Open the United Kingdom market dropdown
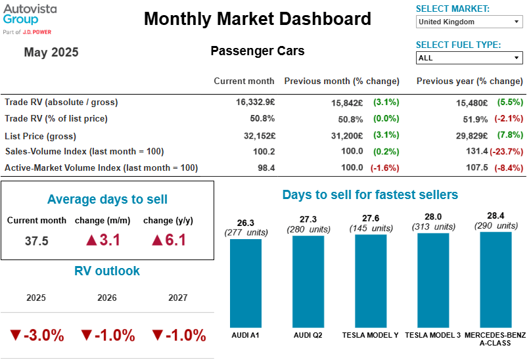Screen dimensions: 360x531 tap(469, 22)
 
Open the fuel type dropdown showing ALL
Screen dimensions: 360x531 tap(469, 58)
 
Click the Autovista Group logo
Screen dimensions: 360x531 tap(30, 18)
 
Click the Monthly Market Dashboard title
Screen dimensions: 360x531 tap(257, 18)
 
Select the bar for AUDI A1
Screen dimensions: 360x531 tap(246, 282)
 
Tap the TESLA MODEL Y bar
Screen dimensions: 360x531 tap(371, 281)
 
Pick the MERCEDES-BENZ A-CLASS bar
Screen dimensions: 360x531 tap(496, 279)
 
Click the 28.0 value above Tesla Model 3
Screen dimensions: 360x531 tap(433, 217)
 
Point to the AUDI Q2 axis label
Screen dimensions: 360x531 tap(308, 335)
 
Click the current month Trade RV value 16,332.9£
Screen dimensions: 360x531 tap(255, 102)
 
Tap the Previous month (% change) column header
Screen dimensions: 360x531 tap(342, 81)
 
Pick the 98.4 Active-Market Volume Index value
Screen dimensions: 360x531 tap(265, 168)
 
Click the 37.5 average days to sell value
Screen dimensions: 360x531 tap(37, 240)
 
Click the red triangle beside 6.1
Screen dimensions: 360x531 tap(156, 240)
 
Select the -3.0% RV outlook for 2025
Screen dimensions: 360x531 tap(37, 335)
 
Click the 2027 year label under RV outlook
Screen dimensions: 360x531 tap(177, 298)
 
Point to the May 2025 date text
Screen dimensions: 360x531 tap(51, 53)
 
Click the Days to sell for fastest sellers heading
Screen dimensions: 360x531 tap(370, 194)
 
